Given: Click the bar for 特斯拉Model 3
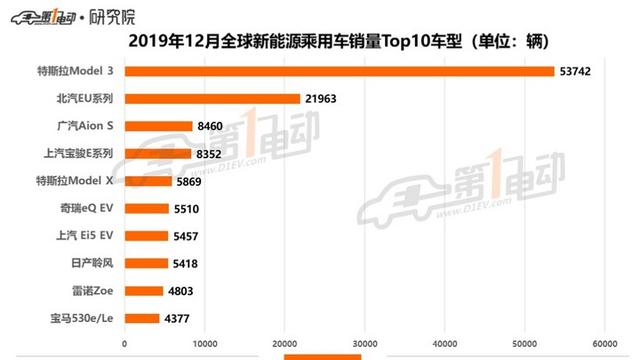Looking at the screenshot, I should coord(339,71).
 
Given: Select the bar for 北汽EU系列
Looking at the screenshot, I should coord(212,99).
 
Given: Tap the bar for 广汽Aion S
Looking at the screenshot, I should coord(158,127).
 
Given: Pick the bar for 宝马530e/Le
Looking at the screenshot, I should coord(142,318).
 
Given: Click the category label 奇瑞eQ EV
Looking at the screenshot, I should coord(88,209).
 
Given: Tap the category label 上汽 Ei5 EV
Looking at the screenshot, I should coord(87,236).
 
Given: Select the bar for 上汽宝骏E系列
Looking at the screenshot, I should coord(158,154).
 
